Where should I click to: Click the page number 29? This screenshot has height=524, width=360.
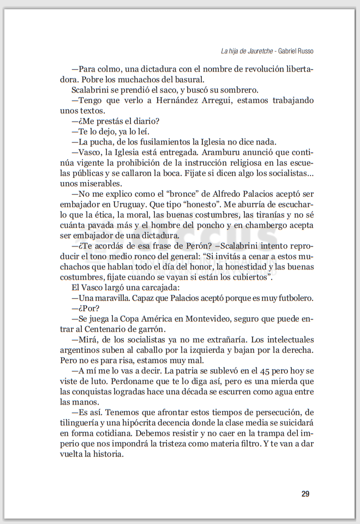pyautogui.click(x=305, y=494)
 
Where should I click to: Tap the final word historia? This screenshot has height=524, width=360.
pyautogui.click(x=109, y=454)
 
